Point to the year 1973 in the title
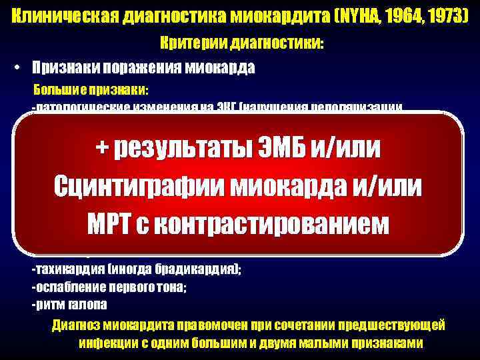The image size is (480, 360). coord(449,14)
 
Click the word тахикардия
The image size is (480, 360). coord(63,269)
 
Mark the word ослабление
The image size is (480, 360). coord(67,287)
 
